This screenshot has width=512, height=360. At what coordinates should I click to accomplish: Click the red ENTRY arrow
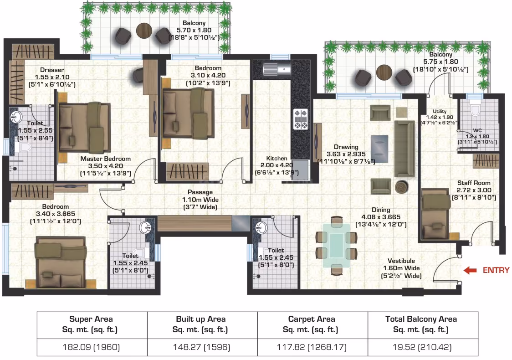[470, 270]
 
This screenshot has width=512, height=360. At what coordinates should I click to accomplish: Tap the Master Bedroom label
[106, 159]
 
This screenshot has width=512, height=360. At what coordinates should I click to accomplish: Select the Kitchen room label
[276, 159]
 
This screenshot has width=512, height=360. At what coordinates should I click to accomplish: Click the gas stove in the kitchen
[301, 119]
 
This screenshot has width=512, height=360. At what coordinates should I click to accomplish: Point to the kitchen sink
[277, 69]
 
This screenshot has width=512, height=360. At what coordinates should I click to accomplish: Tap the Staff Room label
[473, 183]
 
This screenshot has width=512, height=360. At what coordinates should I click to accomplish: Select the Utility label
[440, 111]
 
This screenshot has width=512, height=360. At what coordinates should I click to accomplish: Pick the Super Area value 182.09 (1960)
[91, 347]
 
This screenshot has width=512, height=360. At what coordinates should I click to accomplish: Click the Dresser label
[52, 70]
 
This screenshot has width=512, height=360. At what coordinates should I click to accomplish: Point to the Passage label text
[200, 192]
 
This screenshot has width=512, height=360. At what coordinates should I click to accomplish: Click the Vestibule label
[401, 261]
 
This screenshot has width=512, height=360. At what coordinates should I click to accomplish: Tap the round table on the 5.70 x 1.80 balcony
[143, 31]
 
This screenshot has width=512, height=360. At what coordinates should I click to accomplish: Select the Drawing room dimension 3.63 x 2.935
[346, 154]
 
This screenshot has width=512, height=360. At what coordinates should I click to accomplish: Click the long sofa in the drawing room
[404, 149]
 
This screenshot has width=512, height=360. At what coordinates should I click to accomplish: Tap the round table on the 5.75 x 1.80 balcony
[384, 72]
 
